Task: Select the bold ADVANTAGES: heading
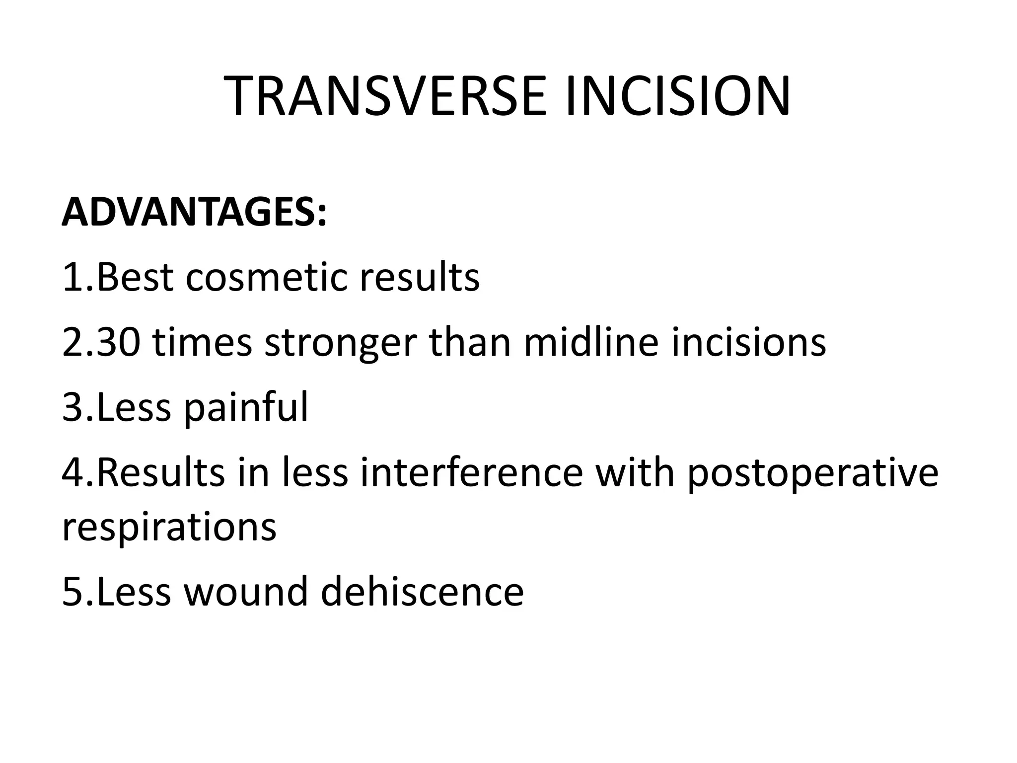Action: pos(194,212)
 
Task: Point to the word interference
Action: pos(472,473)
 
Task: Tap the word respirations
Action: pos(169,528)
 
